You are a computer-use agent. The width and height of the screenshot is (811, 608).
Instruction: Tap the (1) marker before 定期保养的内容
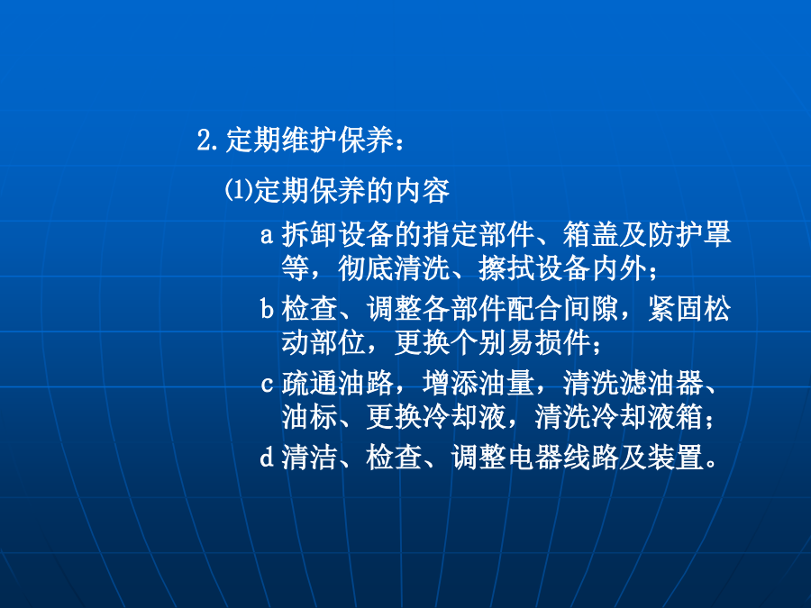coord(238,190)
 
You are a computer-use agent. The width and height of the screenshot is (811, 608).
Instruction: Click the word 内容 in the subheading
coord(423,190)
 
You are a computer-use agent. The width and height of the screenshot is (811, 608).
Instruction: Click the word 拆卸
coord(309,234)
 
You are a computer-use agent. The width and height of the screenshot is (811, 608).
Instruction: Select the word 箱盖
coord(590,234)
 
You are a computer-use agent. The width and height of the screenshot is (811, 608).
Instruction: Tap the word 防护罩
coord(689,234)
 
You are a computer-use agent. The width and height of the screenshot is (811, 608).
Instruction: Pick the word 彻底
coord(366,268)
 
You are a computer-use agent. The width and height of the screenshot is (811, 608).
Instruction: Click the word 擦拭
coord(506,268)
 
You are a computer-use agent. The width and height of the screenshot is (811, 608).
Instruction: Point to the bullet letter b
coord(267,309)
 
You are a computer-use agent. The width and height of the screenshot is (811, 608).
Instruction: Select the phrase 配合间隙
coord(562,309)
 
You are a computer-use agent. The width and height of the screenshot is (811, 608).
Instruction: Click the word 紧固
coord(676,309)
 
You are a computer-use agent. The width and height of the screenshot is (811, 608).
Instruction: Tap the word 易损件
coord(549,342)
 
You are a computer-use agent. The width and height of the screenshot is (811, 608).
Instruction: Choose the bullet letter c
coord(267,385)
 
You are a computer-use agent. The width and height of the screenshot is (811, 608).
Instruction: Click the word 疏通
coord(309,384)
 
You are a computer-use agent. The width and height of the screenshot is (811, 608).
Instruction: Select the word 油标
coord(309,417)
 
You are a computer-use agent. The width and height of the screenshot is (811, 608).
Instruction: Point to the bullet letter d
coord(267,457)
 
